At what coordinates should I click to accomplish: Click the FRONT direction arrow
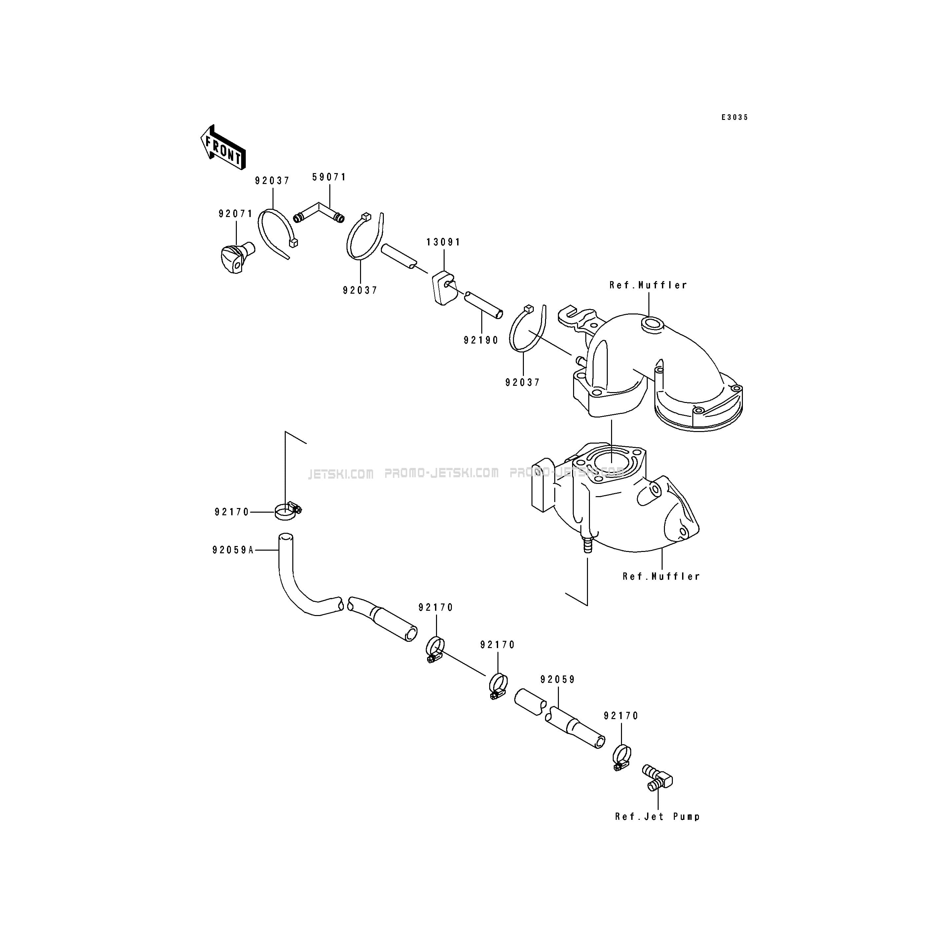223,148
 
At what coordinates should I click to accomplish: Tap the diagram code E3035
734,118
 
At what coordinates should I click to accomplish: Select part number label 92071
236,214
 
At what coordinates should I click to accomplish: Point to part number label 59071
329,177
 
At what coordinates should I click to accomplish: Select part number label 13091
444,242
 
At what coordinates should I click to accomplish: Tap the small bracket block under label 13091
444,289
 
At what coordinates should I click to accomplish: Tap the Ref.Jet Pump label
658,817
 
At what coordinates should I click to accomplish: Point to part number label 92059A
233,550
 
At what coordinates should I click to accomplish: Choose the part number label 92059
558,680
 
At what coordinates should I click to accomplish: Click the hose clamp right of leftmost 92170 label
288,512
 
